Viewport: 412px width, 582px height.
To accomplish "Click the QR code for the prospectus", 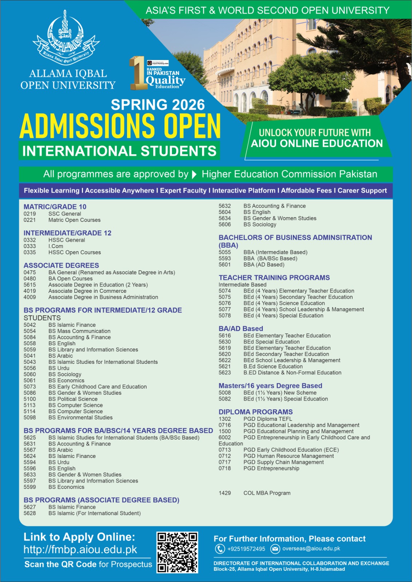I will click(177, 553).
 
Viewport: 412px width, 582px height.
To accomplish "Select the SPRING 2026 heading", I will click(158, 105).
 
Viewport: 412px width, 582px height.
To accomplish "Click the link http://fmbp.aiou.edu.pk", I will click(80, 549).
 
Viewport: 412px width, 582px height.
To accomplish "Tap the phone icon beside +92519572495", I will click(220, 549).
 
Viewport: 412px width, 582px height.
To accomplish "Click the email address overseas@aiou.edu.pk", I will click(311, 549).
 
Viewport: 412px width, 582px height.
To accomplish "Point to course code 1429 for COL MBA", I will click(225, 493).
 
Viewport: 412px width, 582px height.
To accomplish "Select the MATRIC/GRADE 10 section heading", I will click(55, 207).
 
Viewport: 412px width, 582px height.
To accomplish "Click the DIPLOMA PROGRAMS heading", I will click(255, 412).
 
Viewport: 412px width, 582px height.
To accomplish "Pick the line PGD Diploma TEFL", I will click(268, 419).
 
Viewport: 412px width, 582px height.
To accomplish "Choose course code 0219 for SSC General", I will click(30, 214).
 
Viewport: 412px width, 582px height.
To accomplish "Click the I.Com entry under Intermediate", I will click(56, 246).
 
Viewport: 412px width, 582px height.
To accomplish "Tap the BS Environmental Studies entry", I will click(80, 418).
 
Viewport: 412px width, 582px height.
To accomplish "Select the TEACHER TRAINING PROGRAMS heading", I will click(274, 278).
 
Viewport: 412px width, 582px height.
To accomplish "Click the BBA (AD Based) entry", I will click(264, 265).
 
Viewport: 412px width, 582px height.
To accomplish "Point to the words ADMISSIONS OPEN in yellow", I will click(120, 126).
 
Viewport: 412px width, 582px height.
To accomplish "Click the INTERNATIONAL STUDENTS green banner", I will click(119, 151).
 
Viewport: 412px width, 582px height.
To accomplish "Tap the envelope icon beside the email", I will click(275, 549).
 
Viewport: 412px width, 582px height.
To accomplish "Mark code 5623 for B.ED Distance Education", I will click(225, 373).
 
